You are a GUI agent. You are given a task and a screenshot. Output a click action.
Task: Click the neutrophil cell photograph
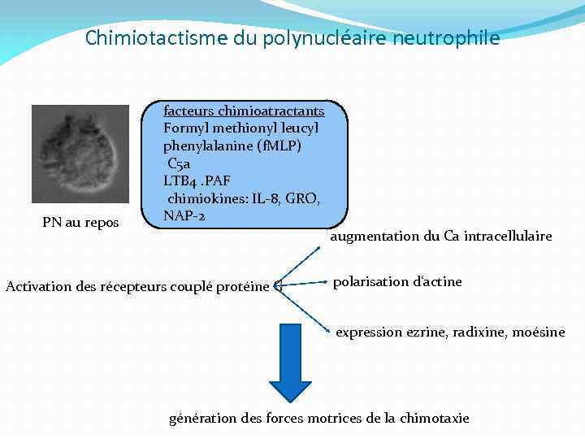point(80,154)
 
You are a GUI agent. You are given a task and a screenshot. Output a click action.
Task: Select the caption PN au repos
point(80,223)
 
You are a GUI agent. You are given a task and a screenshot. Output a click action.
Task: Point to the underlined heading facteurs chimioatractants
point(244,111)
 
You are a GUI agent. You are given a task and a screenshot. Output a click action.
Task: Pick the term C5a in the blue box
point(180,163)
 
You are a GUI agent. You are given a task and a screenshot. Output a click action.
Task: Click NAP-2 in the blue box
point(184,216)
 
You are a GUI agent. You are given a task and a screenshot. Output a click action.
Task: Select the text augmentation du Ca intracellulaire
point(440,237)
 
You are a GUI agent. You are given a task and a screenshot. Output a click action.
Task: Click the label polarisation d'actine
point(397,282)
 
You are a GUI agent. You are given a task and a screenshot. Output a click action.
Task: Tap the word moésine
point(538,332)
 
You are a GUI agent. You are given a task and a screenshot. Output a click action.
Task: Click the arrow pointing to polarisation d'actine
point(305,283)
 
